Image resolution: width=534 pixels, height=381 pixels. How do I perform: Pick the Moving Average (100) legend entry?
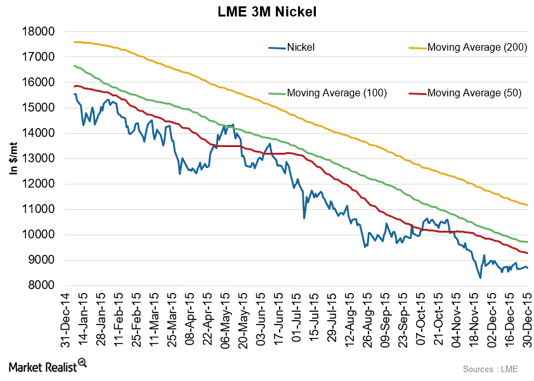point(337,93)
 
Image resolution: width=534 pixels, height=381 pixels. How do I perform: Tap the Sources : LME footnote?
point(492,368)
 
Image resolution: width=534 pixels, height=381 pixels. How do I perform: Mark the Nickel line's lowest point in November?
point(480,278)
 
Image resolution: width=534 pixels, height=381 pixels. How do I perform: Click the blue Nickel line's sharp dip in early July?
point(304,218)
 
